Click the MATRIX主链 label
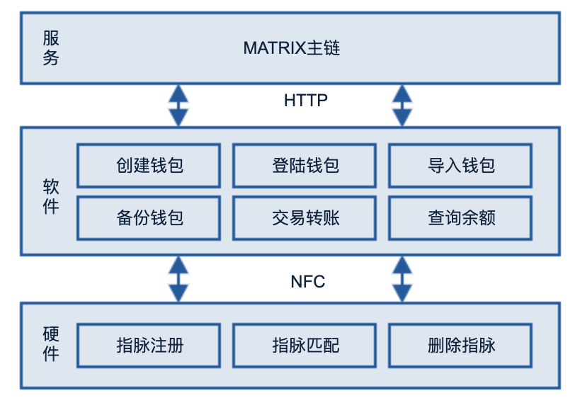292,48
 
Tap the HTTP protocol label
306,100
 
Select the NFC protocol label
307,282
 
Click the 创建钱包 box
149,166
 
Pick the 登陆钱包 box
304,166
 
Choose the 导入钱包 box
460,166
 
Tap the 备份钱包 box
149,218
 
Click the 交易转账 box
304,218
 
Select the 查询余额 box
460,218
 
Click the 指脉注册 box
149,345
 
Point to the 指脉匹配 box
304,345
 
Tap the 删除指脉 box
460,345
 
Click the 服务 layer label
51,48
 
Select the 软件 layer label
51,197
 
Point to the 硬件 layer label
51,344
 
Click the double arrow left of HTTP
178,106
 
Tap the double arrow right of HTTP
402,106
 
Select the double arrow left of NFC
178,279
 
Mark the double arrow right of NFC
402,279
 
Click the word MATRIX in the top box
275,48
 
